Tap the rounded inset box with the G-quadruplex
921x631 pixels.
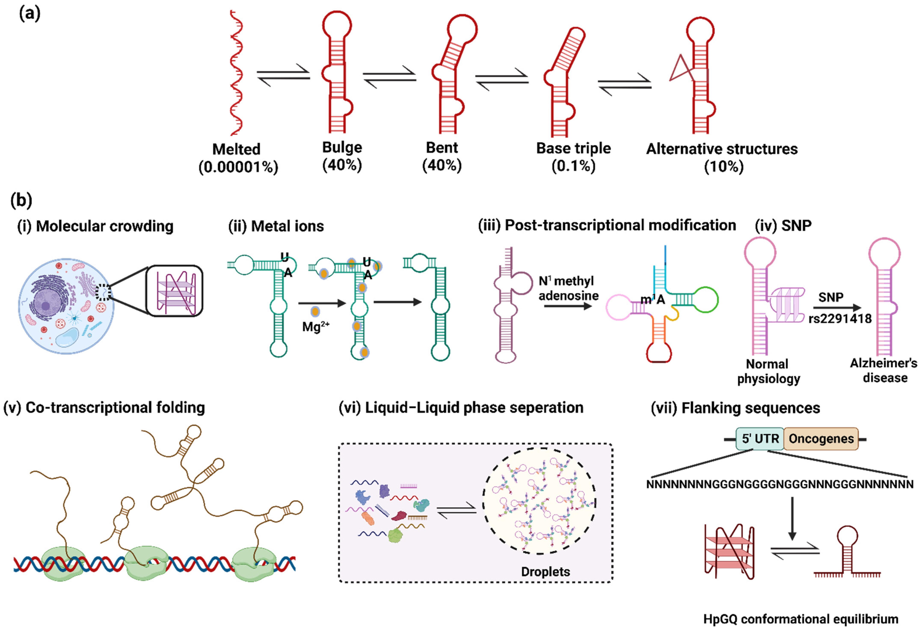click(x=174, y=291)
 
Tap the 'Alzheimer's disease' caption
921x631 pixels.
click(x=883, y=371)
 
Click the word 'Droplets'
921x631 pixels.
click(x=545, y=572)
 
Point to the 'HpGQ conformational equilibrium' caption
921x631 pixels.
click(x=801, y=619)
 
